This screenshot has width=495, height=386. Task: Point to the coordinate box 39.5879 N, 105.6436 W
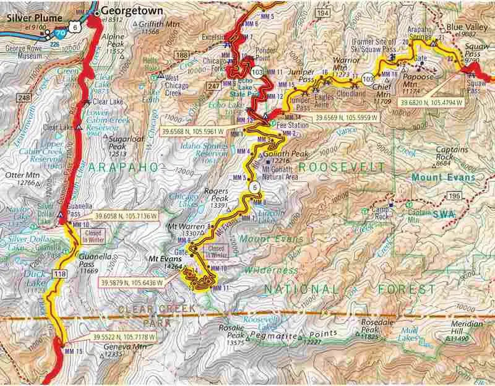(x=131, y=282)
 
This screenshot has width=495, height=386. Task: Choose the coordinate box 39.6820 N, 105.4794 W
(x=432, y=102)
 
